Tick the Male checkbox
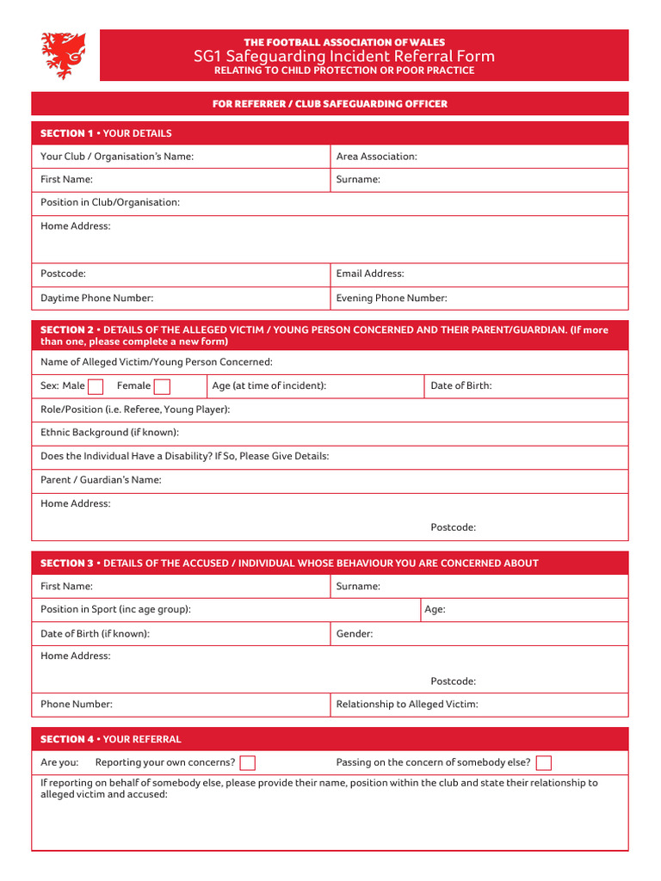[96, 386]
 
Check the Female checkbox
[162, 386]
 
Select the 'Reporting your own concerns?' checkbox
[248, 763]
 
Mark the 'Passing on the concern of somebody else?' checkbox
[543, 763]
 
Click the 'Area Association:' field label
[376, 157]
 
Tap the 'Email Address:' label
[370, 274]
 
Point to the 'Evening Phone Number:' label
[392, 298]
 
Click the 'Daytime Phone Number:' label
[96, 298]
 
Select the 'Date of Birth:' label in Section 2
[461, 385]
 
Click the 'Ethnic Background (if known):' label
[109, 433]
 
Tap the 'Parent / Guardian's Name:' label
[101, 480]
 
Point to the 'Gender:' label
[355, 634]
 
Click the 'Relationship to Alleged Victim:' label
[407, 704]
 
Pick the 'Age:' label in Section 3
[435, 609]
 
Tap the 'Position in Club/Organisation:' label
[110, 202]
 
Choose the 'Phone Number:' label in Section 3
[77, 704]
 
